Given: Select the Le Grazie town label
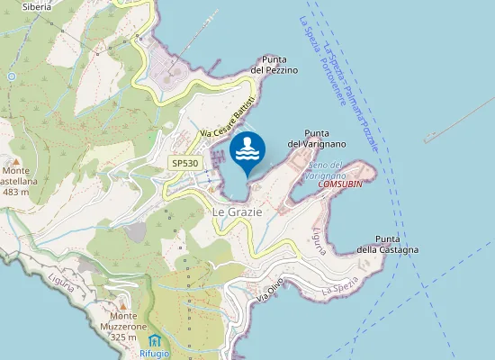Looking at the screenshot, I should (x=237, y=211).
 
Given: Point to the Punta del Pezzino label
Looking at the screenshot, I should (x=274, y=65).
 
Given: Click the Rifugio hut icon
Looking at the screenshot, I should (x=155, y=340).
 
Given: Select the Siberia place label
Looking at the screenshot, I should (x=36, y=6).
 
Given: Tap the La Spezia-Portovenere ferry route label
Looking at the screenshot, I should (x=322, y=54).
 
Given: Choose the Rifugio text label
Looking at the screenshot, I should (x=155, y=355).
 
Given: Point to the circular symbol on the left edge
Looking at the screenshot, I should (x=11, y=76).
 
